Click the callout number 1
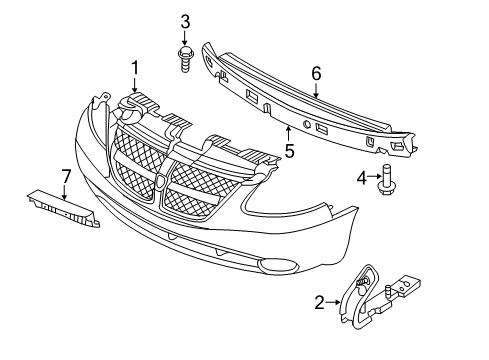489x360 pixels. pyautogui.click(x=133, y=68)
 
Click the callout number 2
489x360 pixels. pyautogui.click(x=319, y=301)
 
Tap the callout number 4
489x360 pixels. pyautogui.click(x=361, y=178)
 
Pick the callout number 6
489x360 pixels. pyautogui.click(x=316, y=73)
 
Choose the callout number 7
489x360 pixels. pyautogui.click(x=66, y=177)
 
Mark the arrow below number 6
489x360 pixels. pyautogui.click(x=316, y=90)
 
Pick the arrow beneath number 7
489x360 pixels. pyautogui.click(x=66, y=192)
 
